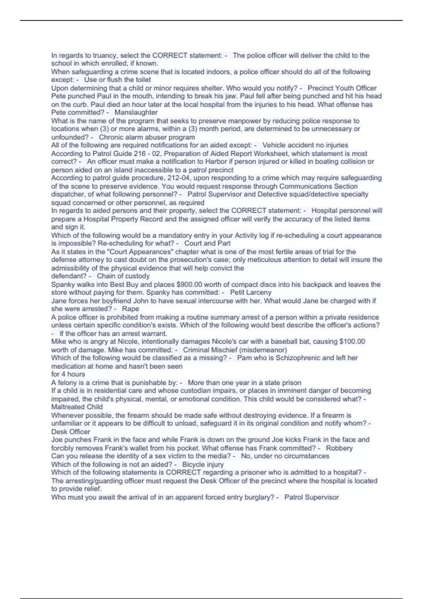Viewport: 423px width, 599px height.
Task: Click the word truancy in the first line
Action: click(x=105, y=55)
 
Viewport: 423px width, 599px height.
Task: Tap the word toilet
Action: click(x=142, y=80)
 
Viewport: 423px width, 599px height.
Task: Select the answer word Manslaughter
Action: click(x=136, y=112)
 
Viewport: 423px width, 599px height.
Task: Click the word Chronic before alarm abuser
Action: click(x=110, y=137)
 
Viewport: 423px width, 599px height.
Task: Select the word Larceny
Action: click(x=258, y=292)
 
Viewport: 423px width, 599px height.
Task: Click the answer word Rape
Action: click(x=130, y=309)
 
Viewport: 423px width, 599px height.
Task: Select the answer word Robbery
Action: click(x=339, y=448)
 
